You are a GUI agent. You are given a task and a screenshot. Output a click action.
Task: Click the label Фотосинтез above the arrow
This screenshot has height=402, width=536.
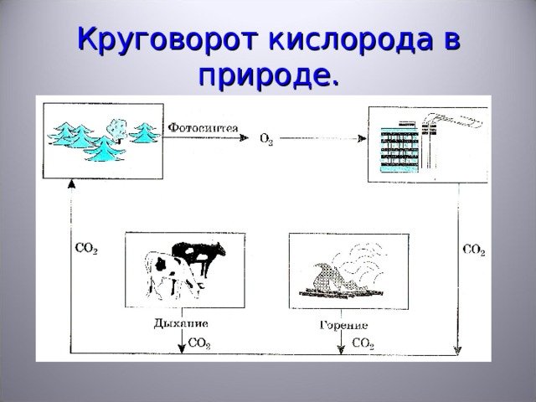click(203, 128)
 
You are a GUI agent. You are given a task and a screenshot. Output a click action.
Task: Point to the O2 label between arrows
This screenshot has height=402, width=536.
click(266, 140)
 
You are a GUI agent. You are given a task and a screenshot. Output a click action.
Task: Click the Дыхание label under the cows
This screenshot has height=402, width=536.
click(181, 323)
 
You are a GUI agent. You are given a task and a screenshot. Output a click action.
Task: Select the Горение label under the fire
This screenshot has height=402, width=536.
click(343, 325)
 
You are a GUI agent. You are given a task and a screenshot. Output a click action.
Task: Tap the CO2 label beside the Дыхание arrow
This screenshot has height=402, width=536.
click(199, 343)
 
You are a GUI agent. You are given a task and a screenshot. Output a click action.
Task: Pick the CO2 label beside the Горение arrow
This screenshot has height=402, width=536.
click(363, 343)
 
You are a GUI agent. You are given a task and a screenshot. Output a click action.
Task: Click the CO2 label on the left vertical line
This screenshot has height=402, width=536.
click(86, 249)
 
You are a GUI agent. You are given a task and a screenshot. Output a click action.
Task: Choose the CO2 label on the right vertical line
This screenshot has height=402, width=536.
click(474, 250)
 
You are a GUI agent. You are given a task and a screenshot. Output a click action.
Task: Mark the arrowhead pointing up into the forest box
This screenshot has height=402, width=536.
click(71, 184)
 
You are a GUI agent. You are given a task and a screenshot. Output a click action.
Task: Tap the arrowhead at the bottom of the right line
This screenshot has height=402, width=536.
click(457, 350)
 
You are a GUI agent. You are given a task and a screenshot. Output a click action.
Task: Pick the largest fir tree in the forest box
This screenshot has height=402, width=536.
click(103, 149)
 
